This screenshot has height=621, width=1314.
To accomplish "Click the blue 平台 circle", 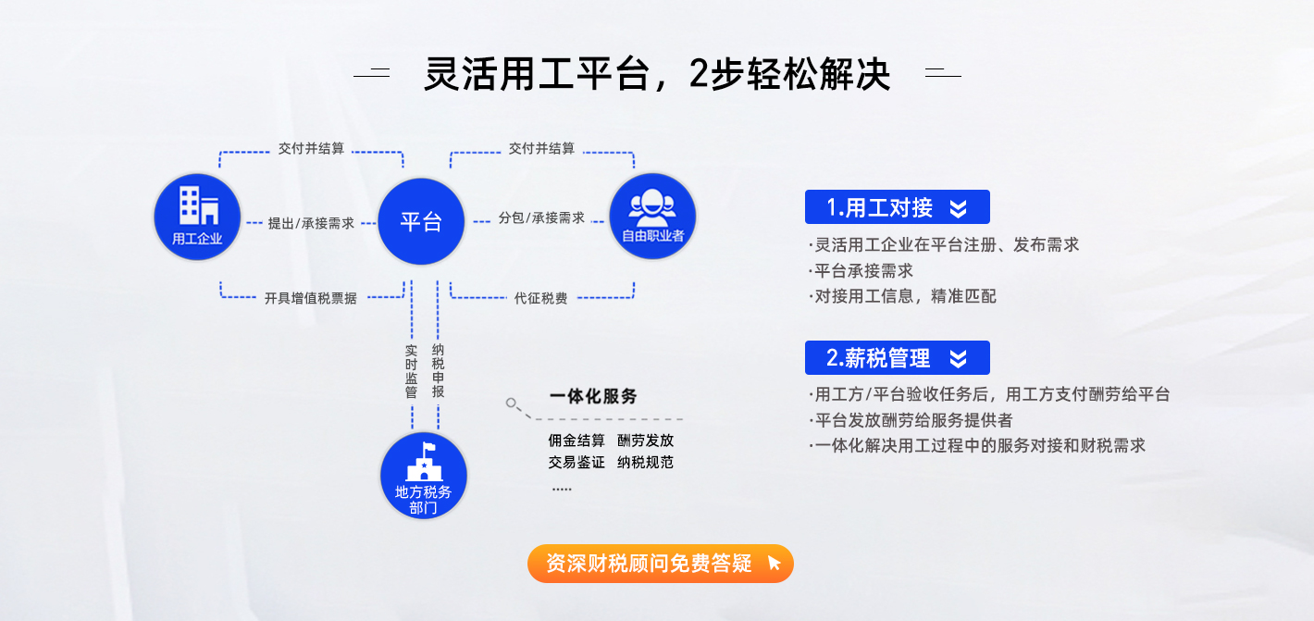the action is (421, 221).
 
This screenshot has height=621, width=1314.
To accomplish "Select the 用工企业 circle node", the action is (197, 217).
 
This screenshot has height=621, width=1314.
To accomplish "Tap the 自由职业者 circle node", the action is (652, 216).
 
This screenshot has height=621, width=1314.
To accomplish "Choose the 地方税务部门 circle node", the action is (424, 476).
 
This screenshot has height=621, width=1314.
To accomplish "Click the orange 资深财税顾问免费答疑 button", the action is (661, 564).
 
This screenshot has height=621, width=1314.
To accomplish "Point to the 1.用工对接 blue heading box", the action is (897, 206).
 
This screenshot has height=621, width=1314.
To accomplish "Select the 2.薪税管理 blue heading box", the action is (897, 357).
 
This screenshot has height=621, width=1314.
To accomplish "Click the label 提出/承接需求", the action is (311, 223).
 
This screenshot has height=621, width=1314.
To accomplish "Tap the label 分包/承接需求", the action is (541, 217).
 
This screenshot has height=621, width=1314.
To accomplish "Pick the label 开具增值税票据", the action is (310, 298).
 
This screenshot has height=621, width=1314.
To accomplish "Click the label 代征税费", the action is (540, 298).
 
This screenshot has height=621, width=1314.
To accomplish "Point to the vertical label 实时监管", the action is (411, 371).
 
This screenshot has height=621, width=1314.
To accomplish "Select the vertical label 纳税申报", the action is (439, 371).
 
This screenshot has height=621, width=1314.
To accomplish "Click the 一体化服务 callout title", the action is (593, 396).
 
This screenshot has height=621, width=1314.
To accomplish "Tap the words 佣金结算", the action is (576, 441).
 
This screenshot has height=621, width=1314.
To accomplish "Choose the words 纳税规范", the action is (645, 463).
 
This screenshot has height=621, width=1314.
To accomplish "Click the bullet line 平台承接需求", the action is (862, 270).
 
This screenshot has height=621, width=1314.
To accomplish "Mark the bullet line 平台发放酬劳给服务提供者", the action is (911, 420).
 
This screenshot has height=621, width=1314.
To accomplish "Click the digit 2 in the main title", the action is (700, 74).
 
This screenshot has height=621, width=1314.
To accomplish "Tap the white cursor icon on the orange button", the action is (774, 564).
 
